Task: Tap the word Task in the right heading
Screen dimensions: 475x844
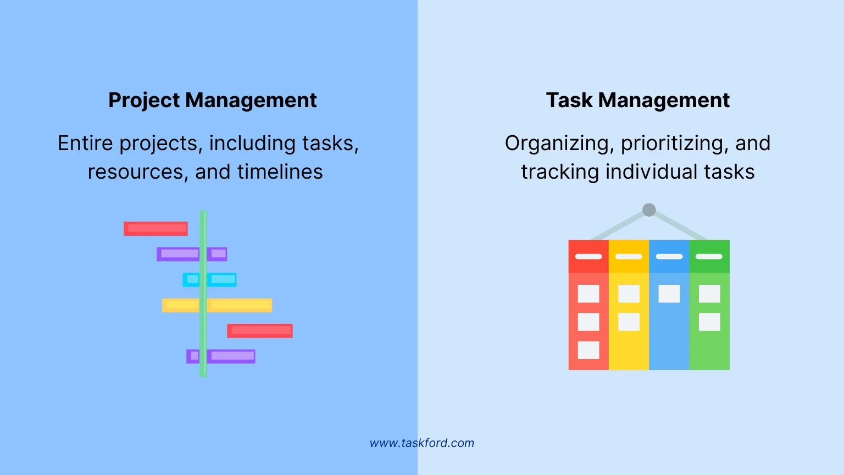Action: pyautogui.click(x=569, y=101)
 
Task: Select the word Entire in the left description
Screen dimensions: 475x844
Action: pyautogui.click(x=86, y=143)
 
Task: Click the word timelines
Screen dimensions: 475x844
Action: pyautogui.click(x=280, y=172)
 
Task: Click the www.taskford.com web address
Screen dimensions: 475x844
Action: pyautogui.click(x=421, y=443)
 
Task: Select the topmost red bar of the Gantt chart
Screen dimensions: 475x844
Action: pyautogui.click(x=156, y=228)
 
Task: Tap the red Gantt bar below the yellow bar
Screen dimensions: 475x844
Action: pyautogui.click(x=260, y=330)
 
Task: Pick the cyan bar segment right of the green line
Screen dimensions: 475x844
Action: pyautogui.click(x=222, y=279)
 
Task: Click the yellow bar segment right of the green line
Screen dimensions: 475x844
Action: pyautogui.click(x=240, y=305)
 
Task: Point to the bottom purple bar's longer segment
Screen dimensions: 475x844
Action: pyautogui.click(x=231, y=356)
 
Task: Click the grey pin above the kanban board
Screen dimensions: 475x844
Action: pyautogui.click(x=649, y=209)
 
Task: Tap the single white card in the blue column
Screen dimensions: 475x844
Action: pyautogui.click(x=669, y=294)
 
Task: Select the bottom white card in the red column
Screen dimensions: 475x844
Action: pyautogui.click(x=588, y=350)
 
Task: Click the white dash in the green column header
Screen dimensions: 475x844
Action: pyautogui.click(x=709, y=256)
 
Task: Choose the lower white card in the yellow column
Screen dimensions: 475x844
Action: pyautogui.click(x=629, y=322)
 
